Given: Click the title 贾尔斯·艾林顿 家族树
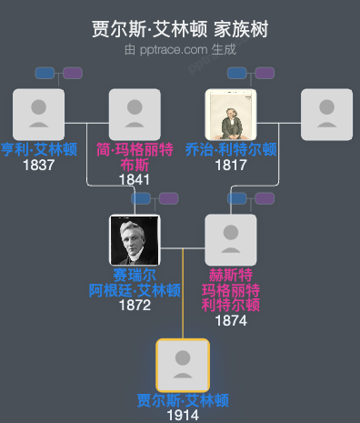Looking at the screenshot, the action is (180, 29).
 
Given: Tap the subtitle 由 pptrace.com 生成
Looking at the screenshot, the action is (180, 49).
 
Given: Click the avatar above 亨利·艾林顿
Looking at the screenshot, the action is (38, 115).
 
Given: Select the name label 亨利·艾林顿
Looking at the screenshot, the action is (38, 150).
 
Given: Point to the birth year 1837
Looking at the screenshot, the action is (38, 165).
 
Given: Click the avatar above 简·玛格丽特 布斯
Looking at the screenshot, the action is (135, 115).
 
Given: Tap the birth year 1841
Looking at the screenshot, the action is (135, 179).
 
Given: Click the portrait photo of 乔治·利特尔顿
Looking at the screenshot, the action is (231, 115).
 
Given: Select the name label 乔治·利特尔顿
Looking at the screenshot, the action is (231, 150).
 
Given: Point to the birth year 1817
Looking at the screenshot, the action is (231, 165).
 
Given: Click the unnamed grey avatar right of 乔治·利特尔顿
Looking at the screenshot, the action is (326, 115).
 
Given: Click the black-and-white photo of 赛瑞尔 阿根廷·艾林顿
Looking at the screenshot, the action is (135, 240).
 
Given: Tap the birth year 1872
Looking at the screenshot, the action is (135, 305).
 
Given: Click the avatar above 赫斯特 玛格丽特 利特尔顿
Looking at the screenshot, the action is (231, 240).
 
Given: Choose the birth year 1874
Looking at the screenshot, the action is (231, 319).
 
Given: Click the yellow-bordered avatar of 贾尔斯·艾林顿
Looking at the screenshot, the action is (183, 365).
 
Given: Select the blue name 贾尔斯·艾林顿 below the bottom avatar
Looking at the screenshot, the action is (183, 400).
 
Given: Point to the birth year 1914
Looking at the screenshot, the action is (183, 415).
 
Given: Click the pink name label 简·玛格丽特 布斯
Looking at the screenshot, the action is (135, 157).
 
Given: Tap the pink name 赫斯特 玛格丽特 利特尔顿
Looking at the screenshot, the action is (231, 289).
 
